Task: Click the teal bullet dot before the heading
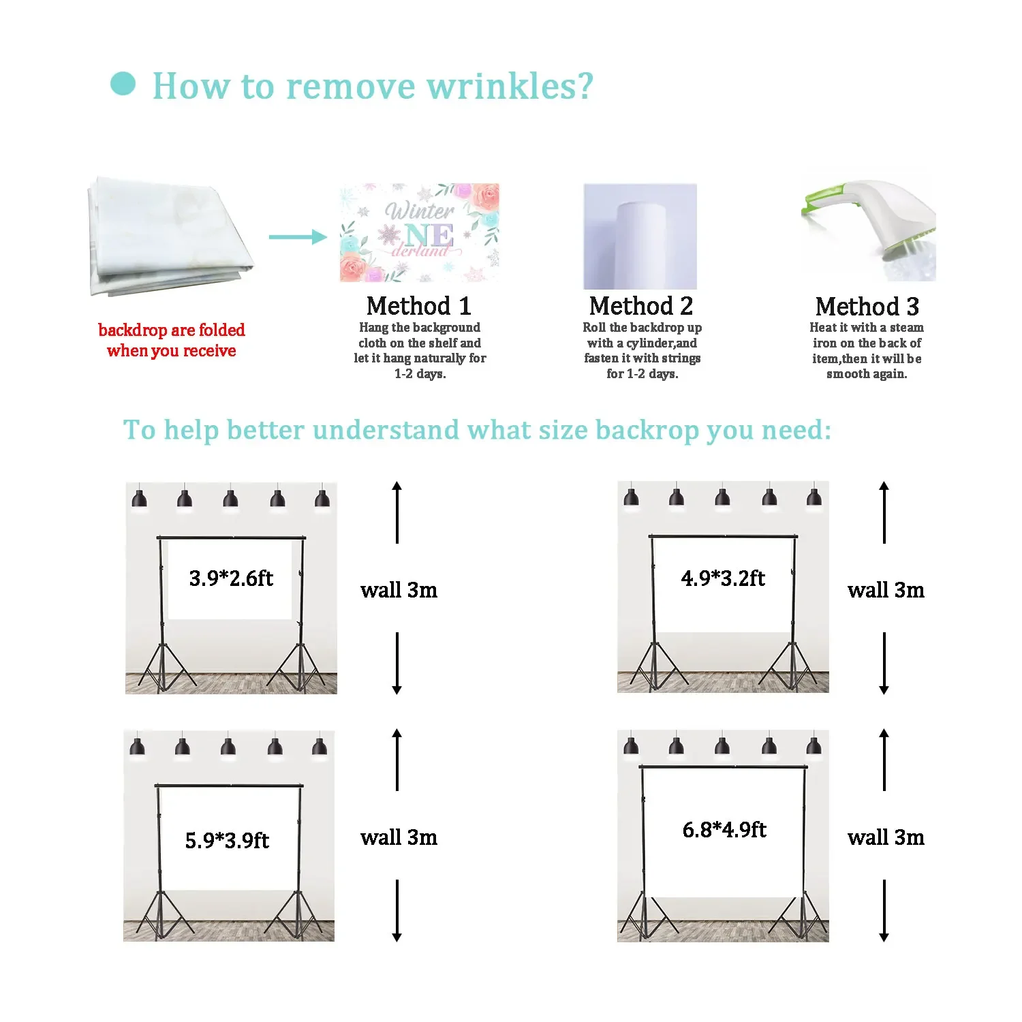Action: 123,84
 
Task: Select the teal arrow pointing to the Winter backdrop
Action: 298,237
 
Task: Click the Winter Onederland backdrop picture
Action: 420,232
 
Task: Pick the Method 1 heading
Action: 419,306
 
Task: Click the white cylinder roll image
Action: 640,237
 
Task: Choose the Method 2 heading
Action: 641,306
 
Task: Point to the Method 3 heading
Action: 867,307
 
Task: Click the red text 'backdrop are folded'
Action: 172,330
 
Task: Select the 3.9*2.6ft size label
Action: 231,578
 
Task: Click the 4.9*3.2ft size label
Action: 723,578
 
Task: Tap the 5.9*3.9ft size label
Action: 227,840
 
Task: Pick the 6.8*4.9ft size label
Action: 724,830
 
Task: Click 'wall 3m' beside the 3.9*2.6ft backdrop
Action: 399,590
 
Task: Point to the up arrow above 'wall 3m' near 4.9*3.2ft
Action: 884,512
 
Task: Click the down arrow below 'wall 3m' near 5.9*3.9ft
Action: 397,911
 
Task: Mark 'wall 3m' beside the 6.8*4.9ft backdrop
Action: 886,837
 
